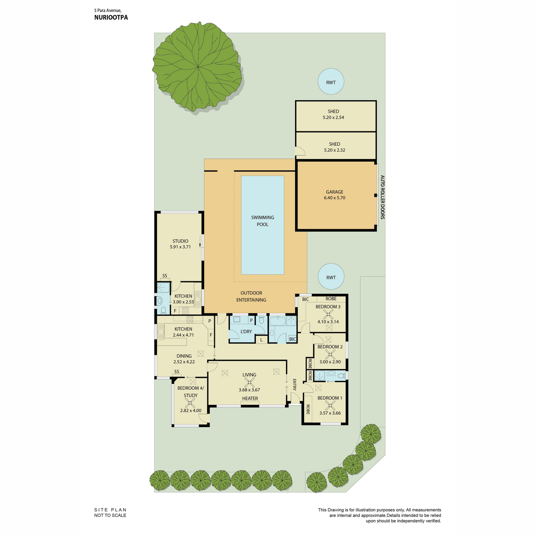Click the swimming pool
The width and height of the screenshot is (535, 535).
[262, 225]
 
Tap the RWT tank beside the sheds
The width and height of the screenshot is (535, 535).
[331, 82]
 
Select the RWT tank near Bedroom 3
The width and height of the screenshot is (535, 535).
[331, 276]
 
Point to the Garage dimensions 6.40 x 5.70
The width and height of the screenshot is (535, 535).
[334, 198]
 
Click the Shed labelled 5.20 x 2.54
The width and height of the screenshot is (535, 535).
[336, 116]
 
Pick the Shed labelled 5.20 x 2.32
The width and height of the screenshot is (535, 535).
[336, 146]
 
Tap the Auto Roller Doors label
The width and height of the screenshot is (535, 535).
[382, 197]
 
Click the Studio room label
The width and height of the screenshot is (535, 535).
[180, 241]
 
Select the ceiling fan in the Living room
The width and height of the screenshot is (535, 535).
[249, 383]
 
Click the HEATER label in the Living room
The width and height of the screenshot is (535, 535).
[250, 399]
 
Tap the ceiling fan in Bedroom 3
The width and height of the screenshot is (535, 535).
[329, 314]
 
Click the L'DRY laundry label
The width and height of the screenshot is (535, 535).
[246, 332]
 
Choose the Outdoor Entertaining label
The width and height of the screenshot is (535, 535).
[251, 296]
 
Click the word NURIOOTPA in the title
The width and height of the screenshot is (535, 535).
[111, 17]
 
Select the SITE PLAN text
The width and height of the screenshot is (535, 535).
[110, 510]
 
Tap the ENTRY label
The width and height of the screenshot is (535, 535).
[295, 385]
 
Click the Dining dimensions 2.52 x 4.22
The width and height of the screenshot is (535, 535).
[184, 362]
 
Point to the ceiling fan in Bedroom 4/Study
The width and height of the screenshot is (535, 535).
[190, 403]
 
